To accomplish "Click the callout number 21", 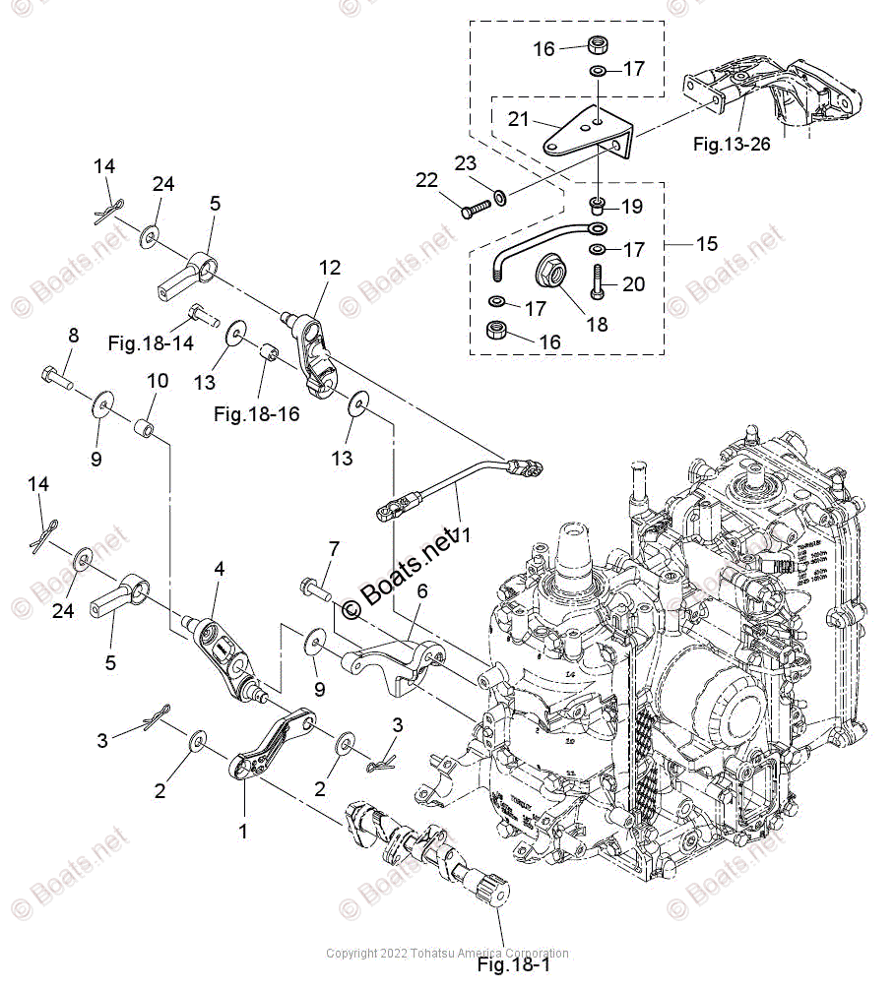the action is (519, 119).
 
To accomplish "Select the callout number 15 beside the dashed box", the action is (707, 243).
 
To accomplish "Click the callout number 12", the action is (329, 267).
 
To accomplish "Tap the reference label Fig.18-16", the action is (257, 414).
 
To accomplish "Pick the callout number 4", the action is (220, 568).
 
